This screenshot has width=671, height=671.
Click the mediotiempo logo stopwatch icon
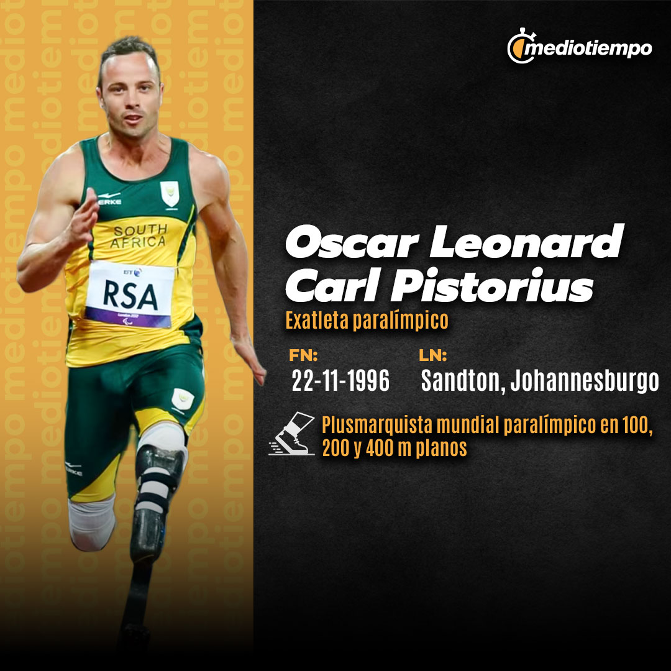click(520, 47)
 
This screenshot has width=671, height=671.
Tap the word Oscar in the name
click(351, 242)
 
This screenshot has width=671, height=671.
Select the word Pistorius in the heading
click(493, 285)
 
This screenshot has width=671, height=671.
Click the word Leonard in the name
click(527, 241)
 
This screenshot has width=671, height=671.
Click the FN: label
click(303, 355)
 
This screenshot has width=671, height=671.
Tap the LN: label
click(432, 355)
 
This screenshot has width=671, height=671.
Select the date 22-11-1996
click(340, 380)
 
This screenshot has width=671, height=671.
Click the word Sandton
click(460, 380)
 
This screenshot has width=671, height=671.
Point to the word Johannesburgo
click(585, 380)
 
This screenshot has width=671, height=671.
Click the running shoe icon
click(292, 434)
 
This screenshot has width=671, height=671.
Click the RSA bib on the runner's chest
click(130, 294)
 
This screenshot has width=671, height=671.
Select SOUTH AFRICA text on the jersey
click(139, 236)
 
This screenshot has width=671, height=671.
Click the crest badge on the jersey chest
click(170, 194)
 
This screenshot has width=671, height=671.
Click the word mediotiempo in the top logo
click(588, 49)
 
